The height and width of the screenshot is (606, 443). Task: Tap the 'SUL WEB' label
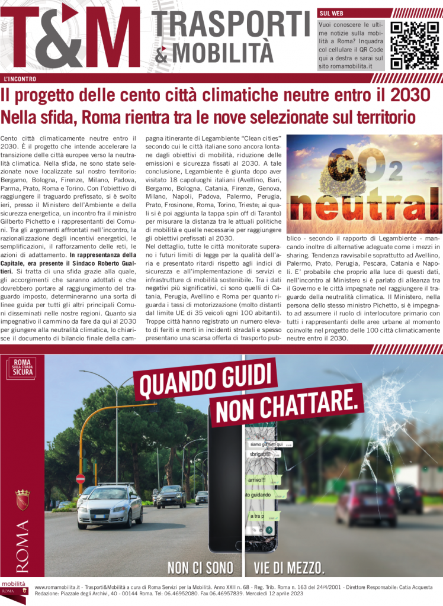332,12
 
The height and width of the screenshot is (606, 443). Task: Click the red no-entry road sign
81,478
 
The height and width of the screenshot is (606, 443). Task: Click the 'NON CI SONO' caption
200,568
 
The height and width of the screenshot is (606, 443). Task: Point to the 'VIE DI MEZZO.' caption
289,568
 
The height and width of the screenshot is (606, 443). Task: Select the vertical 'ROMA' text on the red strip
23,547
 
